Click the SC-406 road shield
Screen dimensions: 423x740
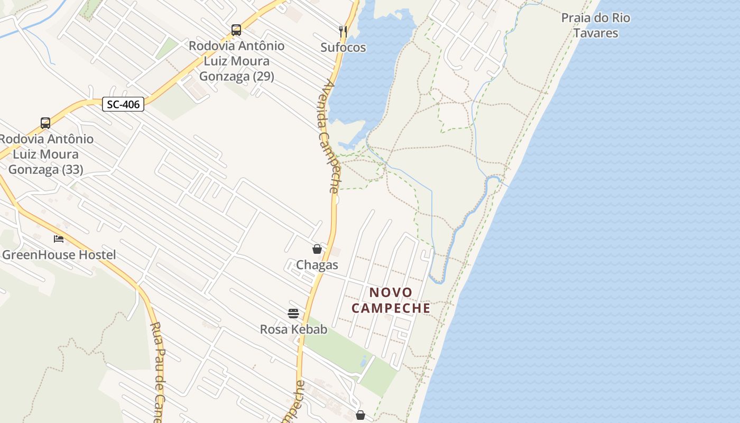point(123,104)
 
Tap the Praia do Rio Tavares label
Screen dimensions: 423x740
point(596,25)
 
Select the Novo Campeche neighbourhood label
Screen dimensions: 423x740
point(391,300)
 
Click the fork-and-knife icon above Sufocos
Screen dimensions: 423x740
point(343,31)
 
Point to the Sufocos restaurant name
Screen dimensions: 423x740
point(343,48)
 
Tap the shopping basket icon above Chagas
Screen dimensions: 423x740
point(317,249)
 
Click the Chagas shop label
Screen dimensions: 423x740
point(317,265)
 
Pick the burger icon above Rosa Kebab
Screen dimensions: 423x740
point(293,313)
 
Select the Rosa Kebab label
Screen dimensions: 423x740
point(293,329)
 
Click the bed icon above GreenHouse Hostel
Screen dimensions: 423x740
point(59,239)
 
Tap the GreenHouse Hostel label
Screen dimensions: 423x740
point(59,255)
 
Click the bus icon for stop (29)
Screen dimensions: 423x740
point(236,30)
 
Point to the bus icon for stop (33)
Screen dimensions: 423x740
point(45,123)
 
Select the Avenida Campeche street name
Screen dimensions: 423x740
point(329,136)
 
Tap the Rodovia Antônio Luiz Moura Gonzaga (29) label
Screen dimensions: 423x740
point(236,61)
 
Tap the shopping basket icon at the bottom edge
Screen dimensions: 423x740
point(360,415)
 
